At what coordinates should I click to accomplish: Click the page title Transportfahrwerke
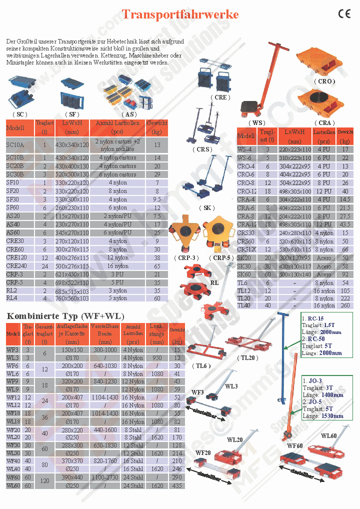tap(180, 14)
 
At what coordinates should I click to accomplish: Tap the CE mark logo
tap(344, 14)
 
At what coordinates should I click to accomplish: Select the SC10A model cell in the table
tap(15, 145)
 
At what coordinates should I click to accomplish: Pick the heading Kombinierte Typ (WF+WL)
tap(65, 316)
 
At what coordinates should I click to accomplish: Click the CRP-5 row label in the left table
tap(14, 282)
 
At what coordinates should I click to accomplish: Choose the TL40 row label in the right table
tap(244, 305)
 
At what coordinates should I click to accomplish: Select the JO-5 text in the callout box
tap(316, 401)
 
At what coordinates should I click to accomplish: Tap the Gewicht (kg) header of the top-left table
tap(157, 127)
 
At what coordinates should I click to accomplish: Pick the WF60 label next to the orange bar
tap(295, 445)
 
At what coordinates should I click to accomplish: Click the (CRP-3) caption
tap(186, 257)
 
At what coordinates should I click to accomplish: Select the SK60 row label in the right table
tap(244, 274)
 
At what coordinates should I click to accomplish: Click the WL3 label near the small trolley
tap(231, 386)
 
